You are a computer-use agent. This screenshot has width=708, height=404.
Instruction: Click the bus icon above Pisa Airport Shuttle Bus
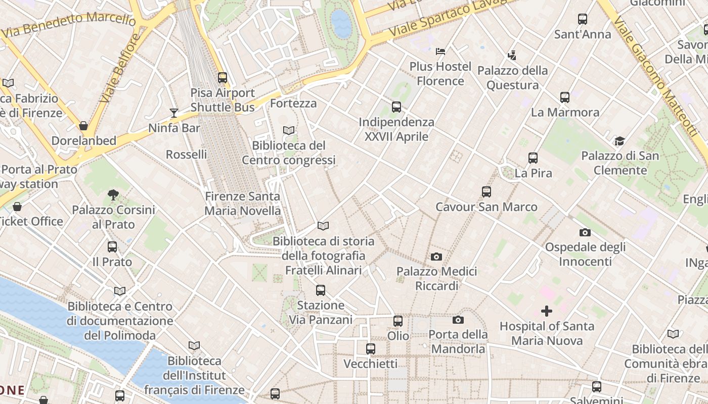[x=222, y=78]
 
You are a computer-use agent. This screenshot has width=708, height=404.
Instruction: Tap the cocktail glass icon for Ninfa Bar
[x=174, y=113]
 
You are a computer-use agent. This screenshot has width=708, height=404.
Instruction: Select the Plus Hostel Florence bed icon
[x=440, y=51]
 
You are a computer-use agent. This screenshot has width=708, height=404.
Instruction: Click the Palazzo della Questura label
[x=512, y=78]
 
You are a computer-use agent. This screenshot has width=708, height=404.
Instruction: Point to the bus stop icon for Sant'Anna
[x=583, y=19]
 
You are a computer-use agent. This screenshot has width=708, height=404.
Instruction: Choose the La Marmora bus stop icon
[x=565, y=97]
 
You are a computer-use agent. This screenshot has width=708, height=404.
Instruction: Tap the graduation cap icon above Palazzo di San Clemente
[x=619, y=141]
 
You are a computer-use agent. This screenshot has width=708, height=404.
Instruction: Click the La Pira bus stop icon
[x=533, y=158]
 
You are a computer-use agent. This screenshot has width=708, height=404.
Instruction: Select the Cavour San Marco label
[x=486, y=207]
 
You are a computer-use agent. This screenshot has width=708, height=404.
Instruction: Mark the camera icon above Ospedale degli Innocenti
[x=585, y=232]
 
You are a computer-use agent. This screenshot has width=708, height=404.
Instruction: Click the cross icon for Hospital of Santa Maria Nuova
[x=547, y=311]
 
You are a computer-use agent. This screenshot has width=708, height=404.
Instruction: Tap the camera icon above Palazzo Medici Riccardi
[x=436, y=257]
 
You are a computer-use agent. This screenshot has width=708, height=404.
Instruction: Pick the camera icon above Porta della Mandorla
[x=458, y=320]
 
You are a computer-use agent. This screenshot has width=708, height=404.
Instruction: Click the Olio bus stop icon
[x=398, y=321]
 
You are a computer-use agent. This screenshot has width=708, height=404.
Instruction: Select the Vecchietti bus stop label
[x=371, y=364]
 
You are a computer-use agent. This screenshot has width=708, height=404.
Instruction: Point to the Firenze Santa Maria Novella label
[x=243, y=204]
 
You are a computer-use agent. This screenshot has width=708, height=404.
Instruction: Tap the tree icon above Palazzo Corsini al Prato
[x=113, y=194]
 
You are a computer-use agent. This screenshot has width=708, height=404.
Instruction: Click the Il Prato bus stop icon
[x=112, y=247]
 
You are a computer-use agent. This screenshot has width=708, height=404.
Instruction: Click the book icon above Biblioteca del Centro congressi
[x=288, y=130]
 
